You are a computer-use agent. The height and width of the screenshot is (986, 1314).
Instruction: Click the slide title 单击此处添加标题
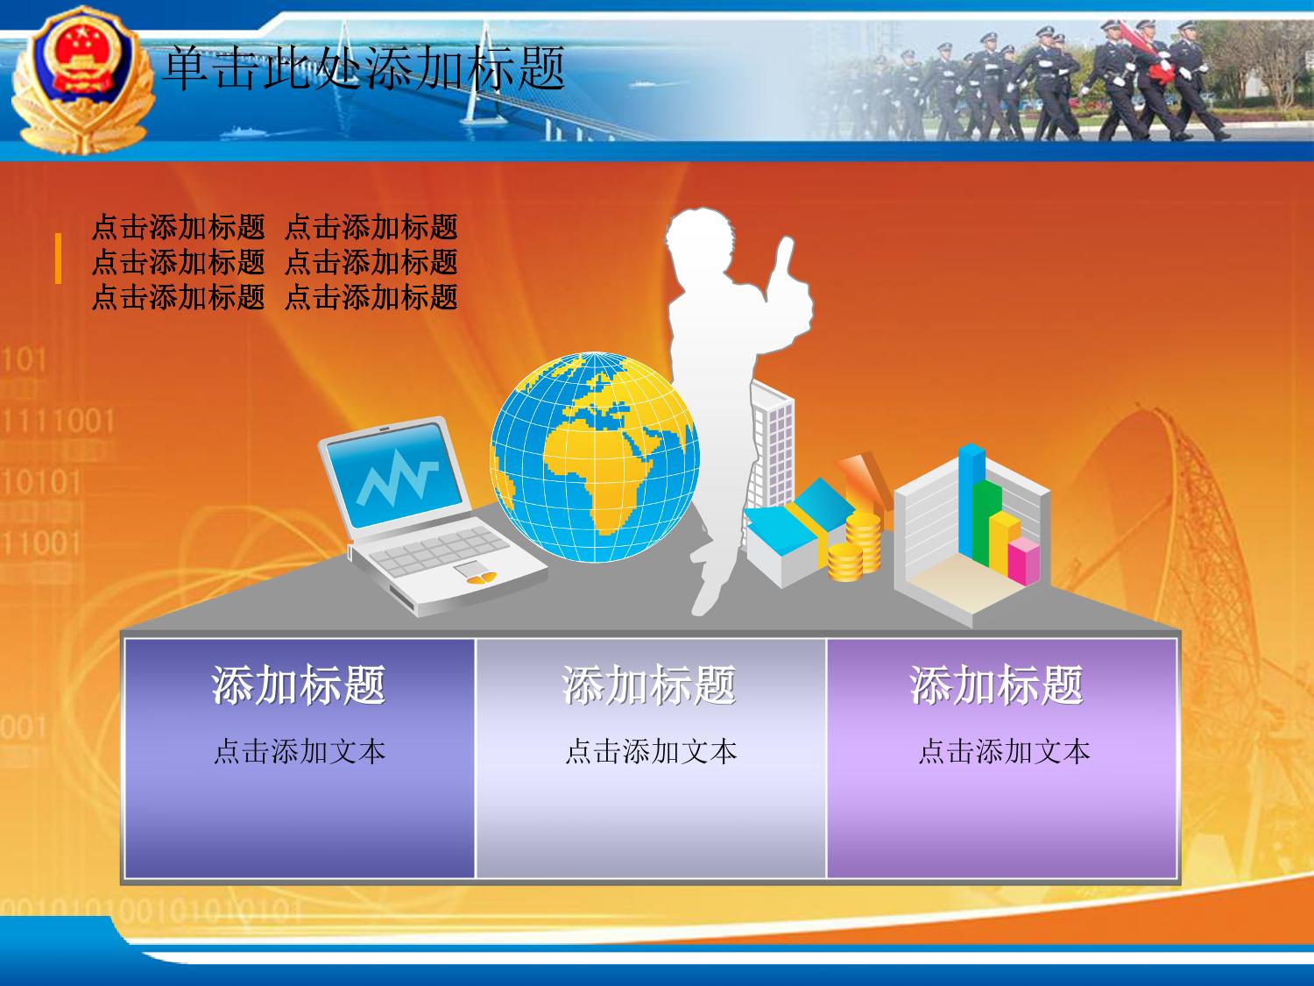[364, 69]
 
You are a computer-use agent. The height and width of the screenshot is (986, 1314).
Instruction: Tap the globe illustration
[595, 457]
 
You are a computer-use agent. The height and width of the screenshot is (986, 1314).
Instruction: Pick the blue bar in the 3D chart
[971, 500]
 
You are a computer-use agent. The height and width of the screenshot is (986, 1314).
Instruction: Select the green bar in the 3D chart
[987, 522]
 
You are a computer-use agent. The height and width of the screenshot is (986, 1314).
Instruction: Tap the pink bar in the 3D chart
[1024, 561]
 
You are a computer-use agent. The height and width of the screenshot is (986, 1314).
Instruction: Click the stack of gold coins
[855, 546]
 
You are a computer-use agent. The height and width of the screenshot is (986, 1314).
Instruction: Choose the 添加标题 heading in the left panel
[298, 685]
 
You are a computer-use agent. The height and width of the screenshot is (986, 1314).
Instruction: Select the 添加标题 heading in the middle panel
[649, 685]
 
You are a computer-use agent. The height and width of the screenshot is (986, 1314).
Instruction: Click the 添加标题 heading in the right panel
[997, 685]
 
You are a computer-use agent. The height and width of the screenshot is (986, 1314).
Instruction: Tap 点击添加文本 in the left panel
[300, 751]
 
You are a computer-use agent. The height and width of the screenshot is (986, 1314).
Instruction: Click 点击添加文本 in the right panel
[1005, 751]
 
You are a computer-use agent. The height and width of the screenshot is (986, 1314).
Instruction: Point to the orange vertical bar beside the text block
[58, 258]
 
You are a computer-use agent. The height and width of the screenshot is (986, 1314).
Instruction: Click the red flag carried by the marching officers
[1147, 53]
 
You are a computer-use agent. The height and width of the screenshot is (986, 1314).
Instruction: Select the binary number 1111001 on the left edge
[58, 421]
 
